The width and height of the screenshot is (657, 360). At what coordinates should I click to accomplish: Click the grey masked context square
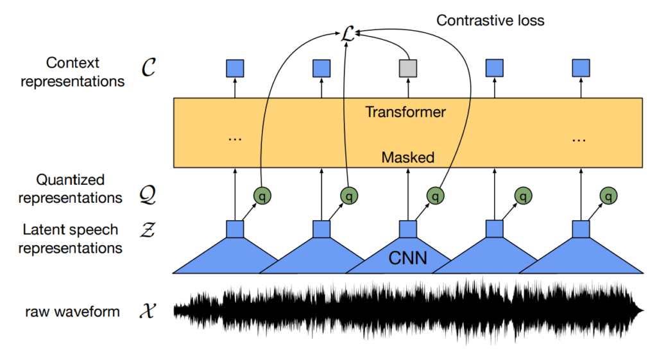click(408, 67)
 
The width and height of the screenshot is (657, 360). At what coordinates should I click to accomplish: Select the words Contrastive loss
click(490, 21)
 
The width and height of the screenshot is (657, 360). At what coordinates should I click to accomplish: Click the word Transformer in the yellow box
click(405, 112)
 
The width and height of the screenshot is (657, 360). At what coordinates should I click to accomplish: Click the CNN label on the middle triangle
click(408, 259)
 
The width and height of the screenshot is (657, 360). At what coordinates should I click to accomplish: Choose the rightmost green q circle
click(608, 196)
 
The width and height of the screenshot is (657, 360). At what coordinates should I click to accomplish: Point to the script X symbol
click(147, 313)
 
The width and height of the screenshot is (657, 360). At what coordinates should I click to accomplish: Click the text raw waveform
click(73, 313)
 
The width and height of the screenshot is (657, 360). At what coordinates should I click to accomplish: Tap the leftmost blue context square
click(235, 67)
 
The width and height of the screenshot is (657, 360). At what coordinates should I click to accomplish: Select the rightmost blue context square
click(581, 67)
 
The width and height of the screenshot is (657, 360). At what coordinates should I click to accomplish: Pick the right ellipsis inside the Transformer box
click(580, 137)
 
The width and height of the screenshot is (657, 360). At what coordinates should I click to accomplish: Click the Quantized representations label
click(71, 189)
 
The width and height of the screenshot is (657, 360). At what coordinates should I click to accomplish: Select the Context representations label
click(73, 72)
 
